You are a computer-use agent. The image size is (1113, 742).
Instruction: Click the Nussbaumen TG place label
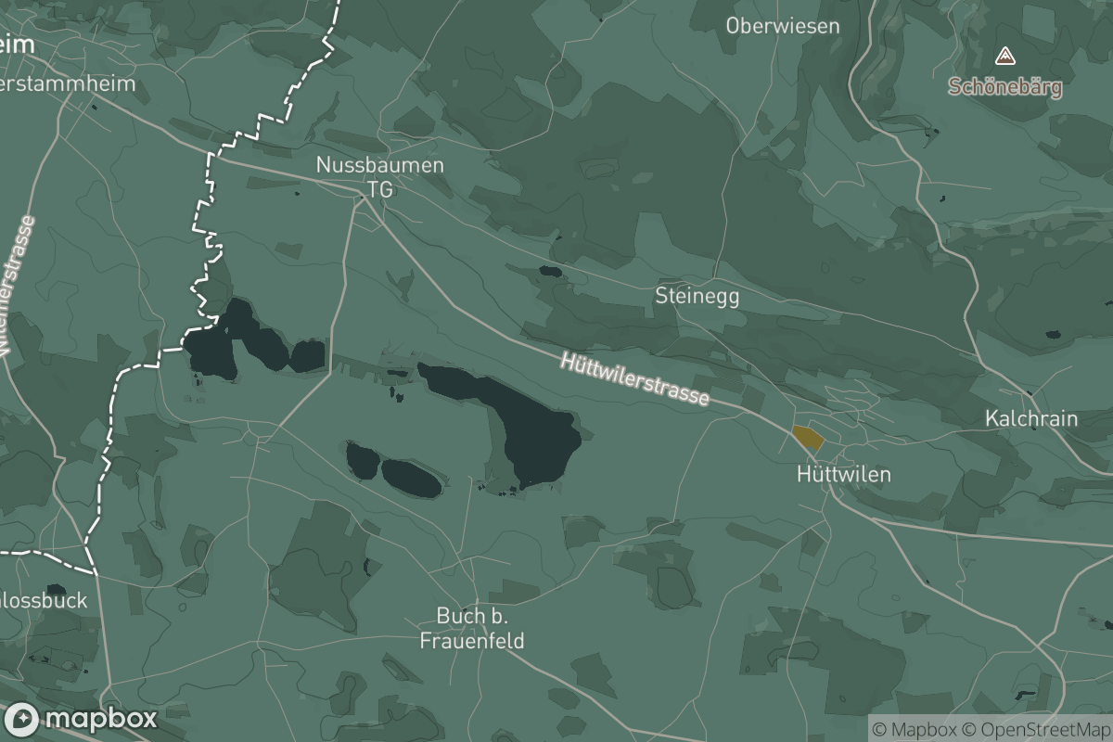pos(380,176)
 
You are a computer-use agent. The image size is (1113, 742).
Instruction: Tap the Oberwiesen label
pos(783,26)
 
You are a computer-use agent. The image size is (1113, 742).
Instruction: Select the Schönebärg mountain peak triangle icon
pos(1004,58)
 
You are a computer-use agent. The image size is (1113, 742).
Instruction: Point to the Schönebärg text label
pos(1004,88)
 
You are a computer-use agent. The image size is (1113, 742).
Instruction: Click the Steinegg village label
pos(697,296)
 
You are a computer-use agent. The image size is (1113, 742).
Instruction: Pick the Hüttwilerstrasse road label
pos(635,378)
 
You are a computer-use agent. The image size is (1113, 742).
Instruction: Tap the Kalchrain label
pos(1031,418)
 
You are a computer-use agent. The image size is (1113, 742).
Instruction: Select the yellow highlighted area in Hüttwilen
pos(808,438)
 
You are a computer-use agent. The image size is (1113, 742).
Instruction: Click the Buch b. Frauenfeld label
pos(472,628)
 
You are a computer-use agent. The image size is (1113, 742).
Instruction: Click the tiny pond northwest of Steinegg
pos(550,273)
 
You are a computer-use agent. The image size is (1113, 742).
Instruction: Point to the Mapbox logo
pos(81,719)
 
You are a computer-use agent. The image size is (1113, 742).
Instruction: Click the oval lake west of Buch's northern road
pos(410,478)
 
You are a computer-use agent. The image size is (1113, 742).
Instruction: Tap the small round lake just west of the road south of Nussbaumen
pos(308,355)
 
